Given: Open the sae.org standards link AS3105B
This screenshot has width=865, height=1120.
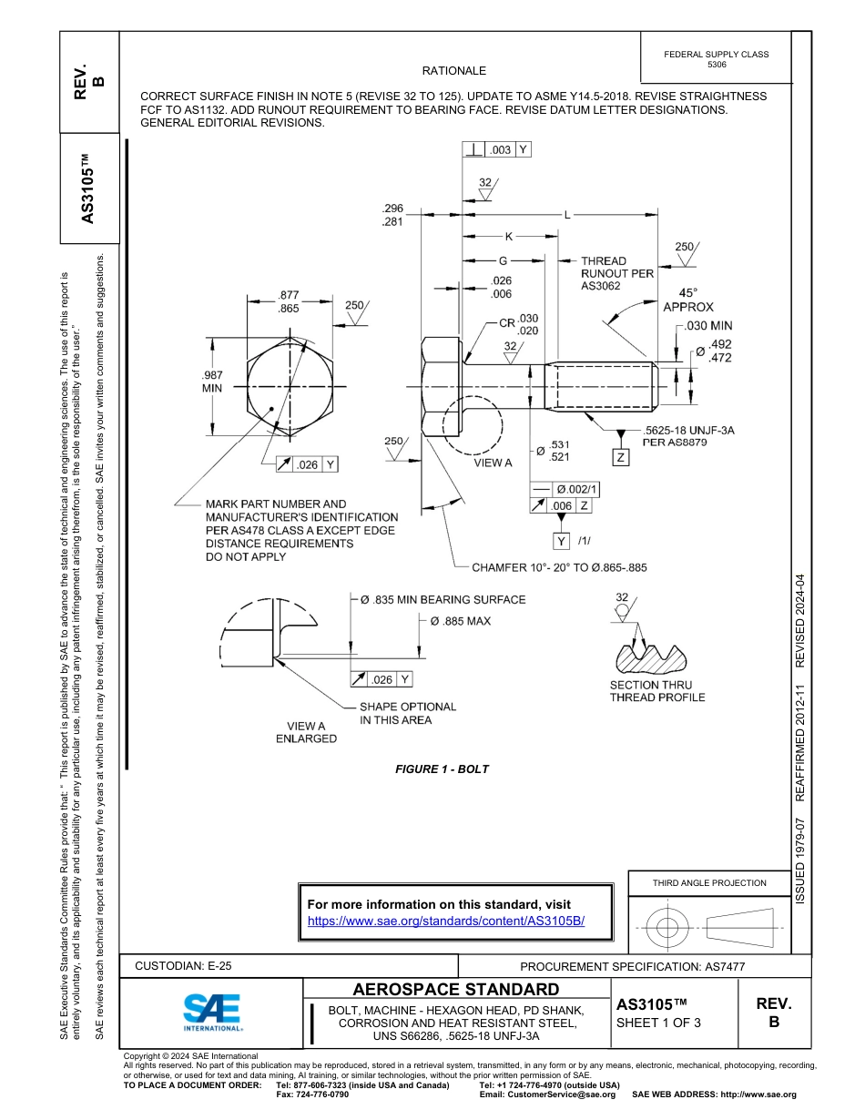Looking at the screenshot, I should (446, 921).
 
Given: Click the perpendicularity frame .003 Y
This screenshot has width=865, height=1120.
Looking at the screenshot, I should (497, 150).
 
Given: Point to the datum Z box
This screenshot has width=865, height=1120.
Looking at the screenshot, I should (621, 457).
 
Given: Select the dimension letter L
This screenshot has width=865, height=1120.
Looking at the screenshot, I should (567, 215).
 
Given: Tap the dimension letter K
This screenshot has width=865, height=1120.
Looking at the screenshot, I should (509, 237).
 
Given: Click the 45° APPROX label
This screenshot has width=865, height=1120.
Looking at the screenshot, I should (688, 300).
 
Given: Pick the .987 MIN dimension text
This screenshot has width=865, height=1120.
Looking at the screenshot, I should (212, 381).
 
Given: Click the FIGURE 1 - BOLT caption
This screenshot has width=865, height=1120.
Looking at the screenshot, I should (442, 769).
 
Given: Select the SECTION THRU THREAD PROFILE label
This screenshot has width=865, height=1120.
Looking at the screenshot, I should (657, 691).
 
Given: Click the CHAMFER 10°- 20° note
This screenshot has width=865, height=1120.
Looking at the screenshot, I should (559, 567).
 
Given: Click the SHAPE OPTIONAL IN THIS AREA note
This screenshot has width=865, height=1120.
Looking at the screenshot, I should (407, 713).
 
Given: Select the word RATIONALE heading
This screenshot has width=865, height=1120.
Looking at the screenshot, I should (454, 71).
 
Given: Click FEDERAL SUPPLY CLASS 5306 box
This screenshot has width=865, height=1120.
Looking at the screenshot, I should (717, 59).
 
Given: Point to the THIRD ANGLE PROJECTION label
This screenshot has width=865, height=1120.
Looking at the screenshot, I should (709, 882).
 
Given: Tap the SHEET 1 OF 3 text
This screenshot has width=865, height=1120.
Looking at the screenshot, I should (658, 1023).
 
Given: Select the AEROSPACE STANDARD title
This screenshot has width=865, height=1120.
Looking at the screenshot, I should (456, 990).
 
